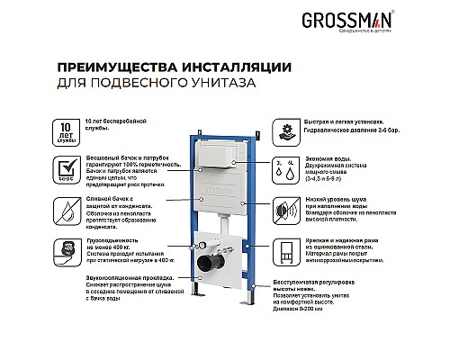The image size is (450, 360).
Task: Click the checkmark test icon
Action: click(x=67, y=167)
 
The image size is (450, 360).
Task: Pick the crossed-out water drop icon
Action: click(x=67, y=211)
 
